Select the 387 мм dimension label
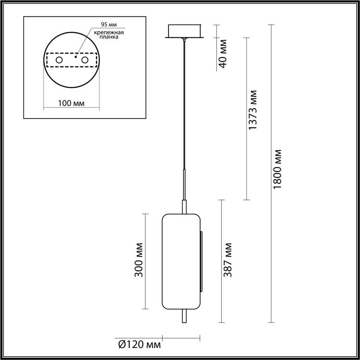(x=228, y=260)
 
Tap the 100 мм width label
(x=71, y=103)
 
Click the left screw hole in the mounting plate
(x=59, y=60)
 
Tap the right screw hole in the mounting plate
(x=85, y=60)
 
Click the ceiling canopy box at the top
(x=184, y=30)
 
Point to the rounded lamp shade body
(x=180, y=261)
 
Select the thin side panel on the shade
(x=201, y=261)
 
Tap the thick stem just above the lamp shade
(x=184, y=207)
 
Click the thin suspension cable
(x=184, y=108)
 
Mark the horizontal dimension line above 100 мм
(x=71, y=108)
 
